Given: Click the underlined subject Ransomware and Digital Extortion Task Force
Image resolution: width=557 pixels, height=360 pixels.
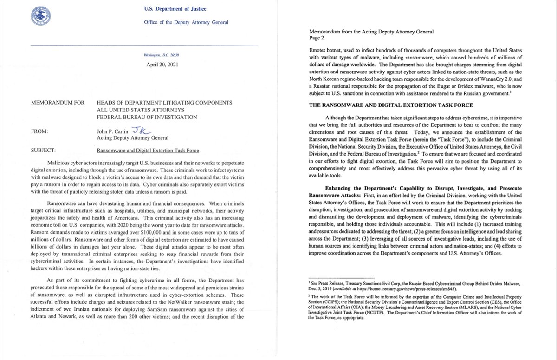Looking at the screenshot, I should tap(148, 150).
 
